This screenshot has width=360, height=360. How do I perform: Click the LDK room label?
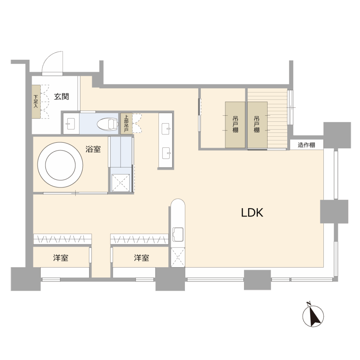click(x=252, y=213)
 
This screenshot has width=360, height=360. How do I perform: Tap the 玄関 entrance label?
click(x=62, y=97)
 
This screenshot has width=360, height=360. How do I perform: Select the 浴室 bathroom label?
click(x=93, y=149)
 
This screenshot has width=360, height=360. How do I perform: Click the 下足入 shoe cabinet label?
click(x=36, y=102)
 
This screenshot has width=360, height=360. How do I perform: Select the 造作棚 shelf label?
click(x=306, y=145)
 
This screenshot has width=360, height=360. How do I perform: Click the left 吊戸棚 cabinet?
click(x=235, y=125)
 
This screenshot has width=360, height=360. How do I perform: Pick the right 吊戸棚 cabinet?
click(x=257, y=125)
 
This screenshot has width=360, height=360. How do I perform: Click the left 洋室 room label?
click(x=60, y=258)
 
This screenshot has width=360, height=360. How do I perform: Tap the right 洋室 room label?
click(x=141, y=258)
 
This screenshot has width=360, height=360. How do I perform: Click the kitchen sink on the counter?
click(x=178, y=234)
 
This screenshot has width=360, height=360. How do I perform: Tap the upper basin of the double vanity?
click(x=166, y=129)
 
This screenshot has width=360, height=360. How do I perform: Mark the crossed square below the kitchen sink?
click(x=178, y=257)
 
